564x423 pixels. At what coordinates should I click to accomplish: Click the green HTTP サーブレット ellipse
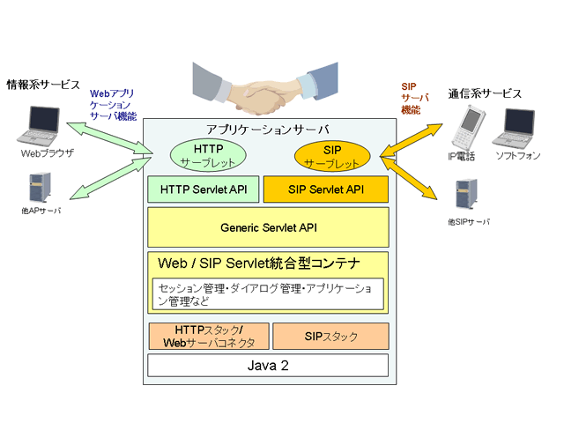207,155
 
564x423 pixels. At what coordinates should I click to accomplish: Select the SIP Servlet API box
325,189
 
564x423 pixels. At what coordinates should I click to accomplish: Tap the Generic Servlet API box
268,227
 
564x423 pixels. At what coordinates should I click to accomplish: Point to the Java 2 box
268,365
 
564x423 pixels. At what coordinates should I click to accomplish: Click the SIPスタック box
330,336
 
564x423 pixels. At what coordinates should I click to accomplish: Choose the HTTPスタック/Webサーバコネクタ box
204,336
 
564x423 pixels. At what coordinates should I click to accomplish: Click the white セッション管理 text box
268,294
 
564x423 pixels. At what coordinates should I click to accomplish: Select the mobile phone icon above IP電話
466,129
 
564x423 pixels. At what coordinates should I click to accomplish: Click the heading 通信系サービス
484,93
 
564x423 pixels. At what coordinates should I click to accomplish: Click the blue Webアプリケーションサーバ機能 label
114,104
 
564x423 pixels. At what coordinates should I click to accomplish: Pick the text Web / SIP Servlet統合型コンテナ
259,263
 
